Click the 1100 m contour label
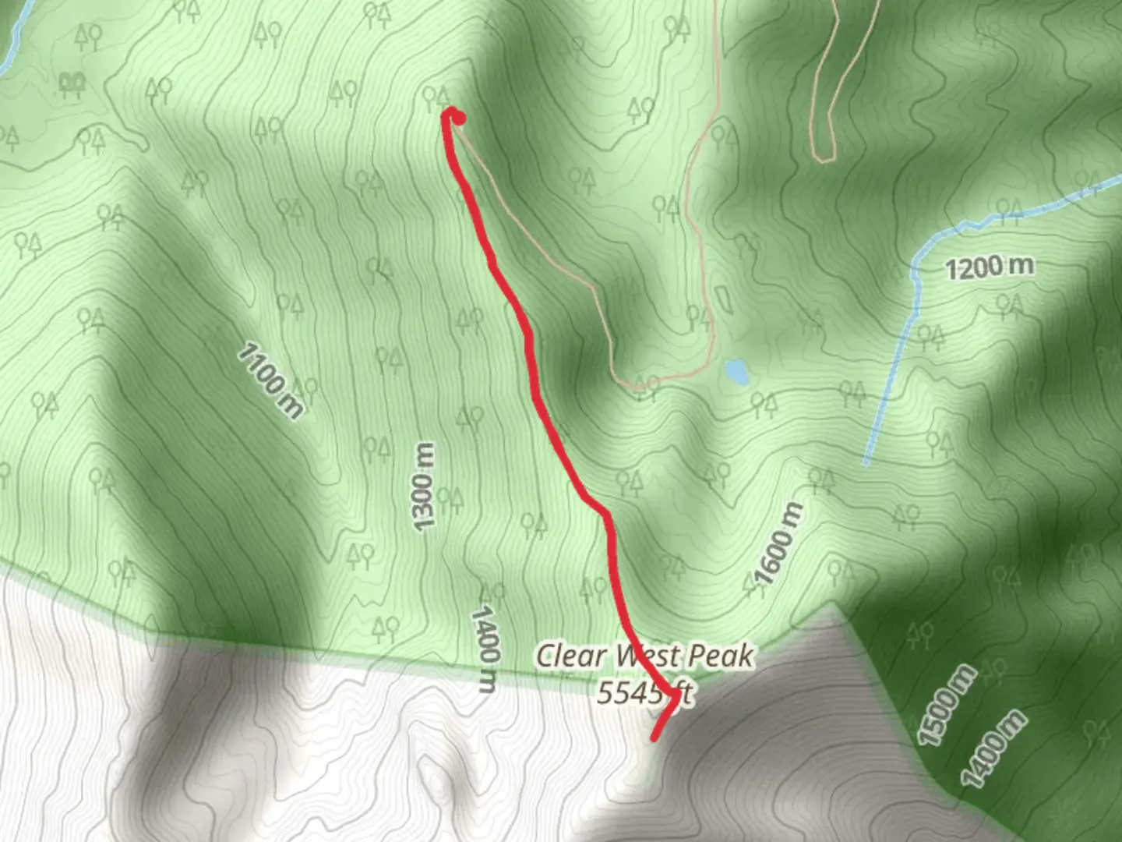[270, 380]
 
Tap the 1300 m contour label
[422, 487]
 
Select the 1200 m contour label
[989, 268]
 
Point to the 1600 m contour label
[778, 544]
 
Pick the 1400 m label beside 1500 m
[992, 748]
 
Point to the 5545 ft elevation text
[644, 692]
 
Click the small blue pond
[736, 372]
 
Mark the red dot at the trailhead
[459, 119]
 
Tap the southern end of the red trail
[654, 737]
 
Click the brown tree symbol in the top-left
[72, 84]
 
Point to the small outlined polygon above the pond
[723, 298]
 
